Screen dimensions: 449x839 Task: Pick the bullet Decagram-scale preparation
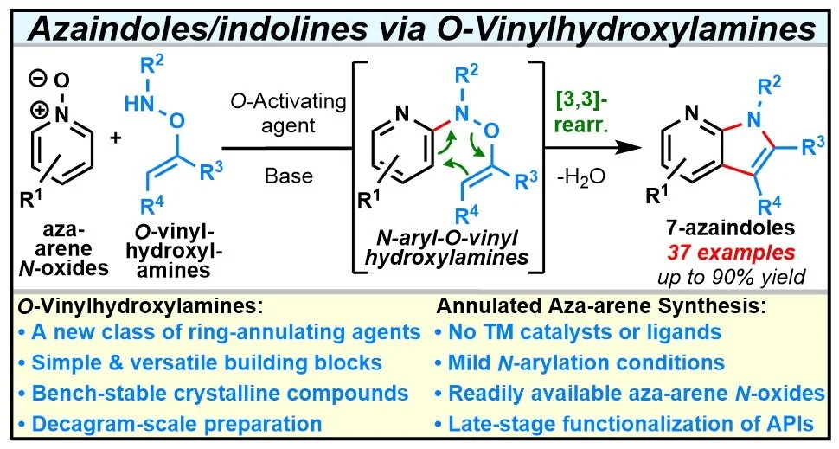[x=170, y=423]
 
